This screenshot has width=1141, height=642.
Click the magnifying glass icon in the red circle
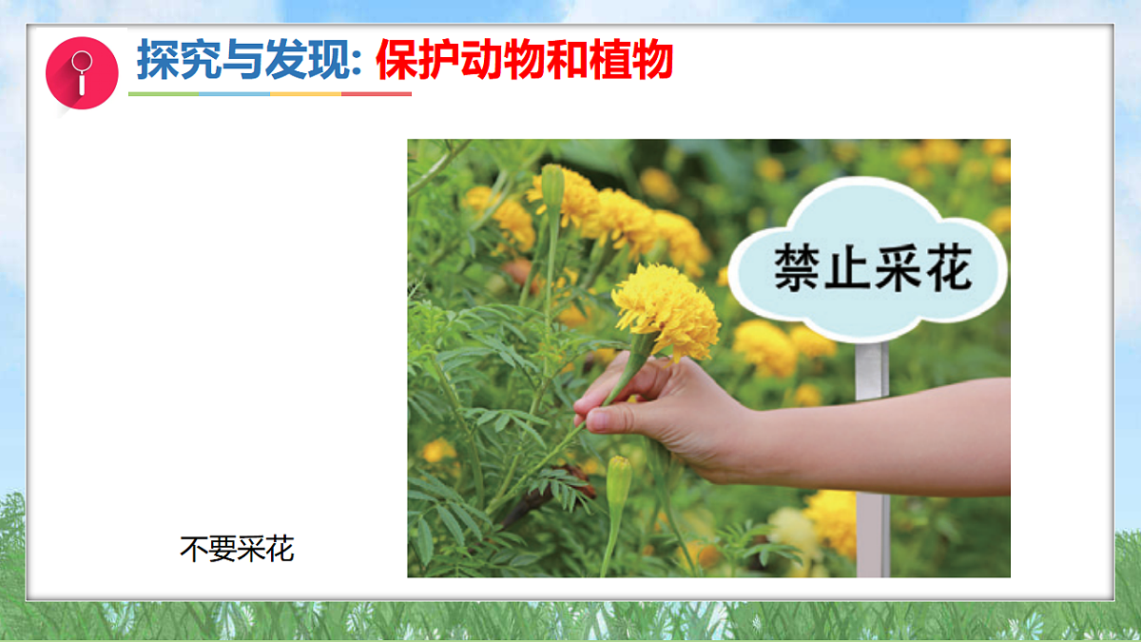coord(82,72)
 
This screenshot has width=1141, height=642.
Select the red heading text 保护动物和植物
coord(524,60)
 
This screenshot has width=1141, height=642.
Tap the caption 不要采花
coord(237,549)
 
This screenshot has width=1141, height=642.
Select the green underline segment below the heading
coord(164,94)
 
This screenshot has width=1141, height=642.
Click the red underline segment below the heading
coord(377,94)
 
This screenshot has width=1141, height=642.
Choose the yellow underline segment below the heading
coord(305,94)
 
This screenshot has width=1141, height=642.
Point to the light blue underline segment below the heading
coord(235,94)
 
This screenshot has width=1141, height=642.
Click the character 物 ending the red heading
coord(652,60)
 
